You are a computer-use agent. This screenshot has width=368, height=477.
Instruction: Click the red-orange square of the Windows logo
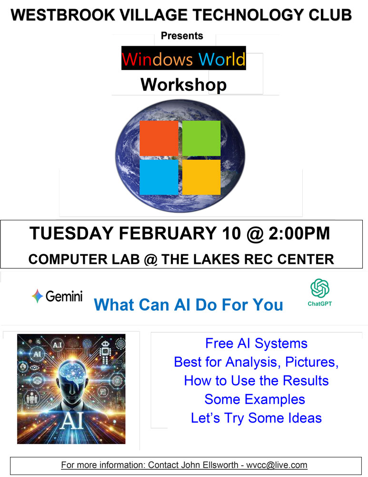click(159, 138)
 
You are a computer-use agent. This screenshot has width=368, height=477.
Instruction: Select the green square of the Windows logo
click(201, 138)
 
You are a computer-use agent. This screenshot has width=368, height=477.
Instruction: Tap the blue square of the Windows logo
click(159, 177)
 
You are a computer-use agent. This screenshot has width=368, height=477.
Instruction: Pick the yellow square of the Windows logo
click(201, 177)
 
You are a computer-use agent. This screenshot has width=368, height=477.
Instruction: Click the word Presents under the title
click(182, 36)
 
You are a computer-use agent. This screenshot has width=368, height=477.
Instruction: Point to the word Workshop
click(183, 84)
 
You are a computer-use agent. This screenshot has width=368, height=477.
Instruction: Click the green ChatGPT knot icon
click(320, 288)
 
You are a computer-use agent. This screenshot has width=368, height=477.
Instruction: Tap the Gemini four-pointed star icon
click(37, 296)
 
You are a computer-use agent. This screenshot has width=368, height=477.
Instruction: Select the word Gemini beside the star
click(64, 296)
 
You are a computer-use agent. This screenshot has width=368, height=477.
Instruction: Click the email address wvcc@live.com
click(277, 465)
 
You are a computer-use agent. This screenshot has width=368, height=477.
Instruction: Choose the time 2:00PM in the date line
click(299, 233)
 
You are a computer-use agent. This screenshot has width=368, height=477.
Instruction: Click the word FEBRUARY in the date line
click(168, 233)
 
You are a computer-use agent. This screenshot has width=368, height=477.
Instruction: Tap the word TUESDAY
click(71, 233)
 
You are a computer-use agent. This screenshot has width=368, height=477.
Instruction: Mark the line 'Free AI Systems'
click(256, 343)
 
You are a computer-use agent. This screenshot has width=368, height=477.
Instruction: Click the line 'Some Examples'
click(254, 399)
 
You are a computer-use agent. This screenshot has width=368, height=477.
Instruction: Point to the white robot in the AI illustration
click(105, 352)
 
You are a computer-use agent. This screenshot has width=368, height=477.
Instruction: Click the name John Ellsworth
click(210, 465)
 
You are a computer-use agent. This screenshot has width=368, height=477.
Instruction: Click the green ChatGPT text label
click(320, 303)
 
